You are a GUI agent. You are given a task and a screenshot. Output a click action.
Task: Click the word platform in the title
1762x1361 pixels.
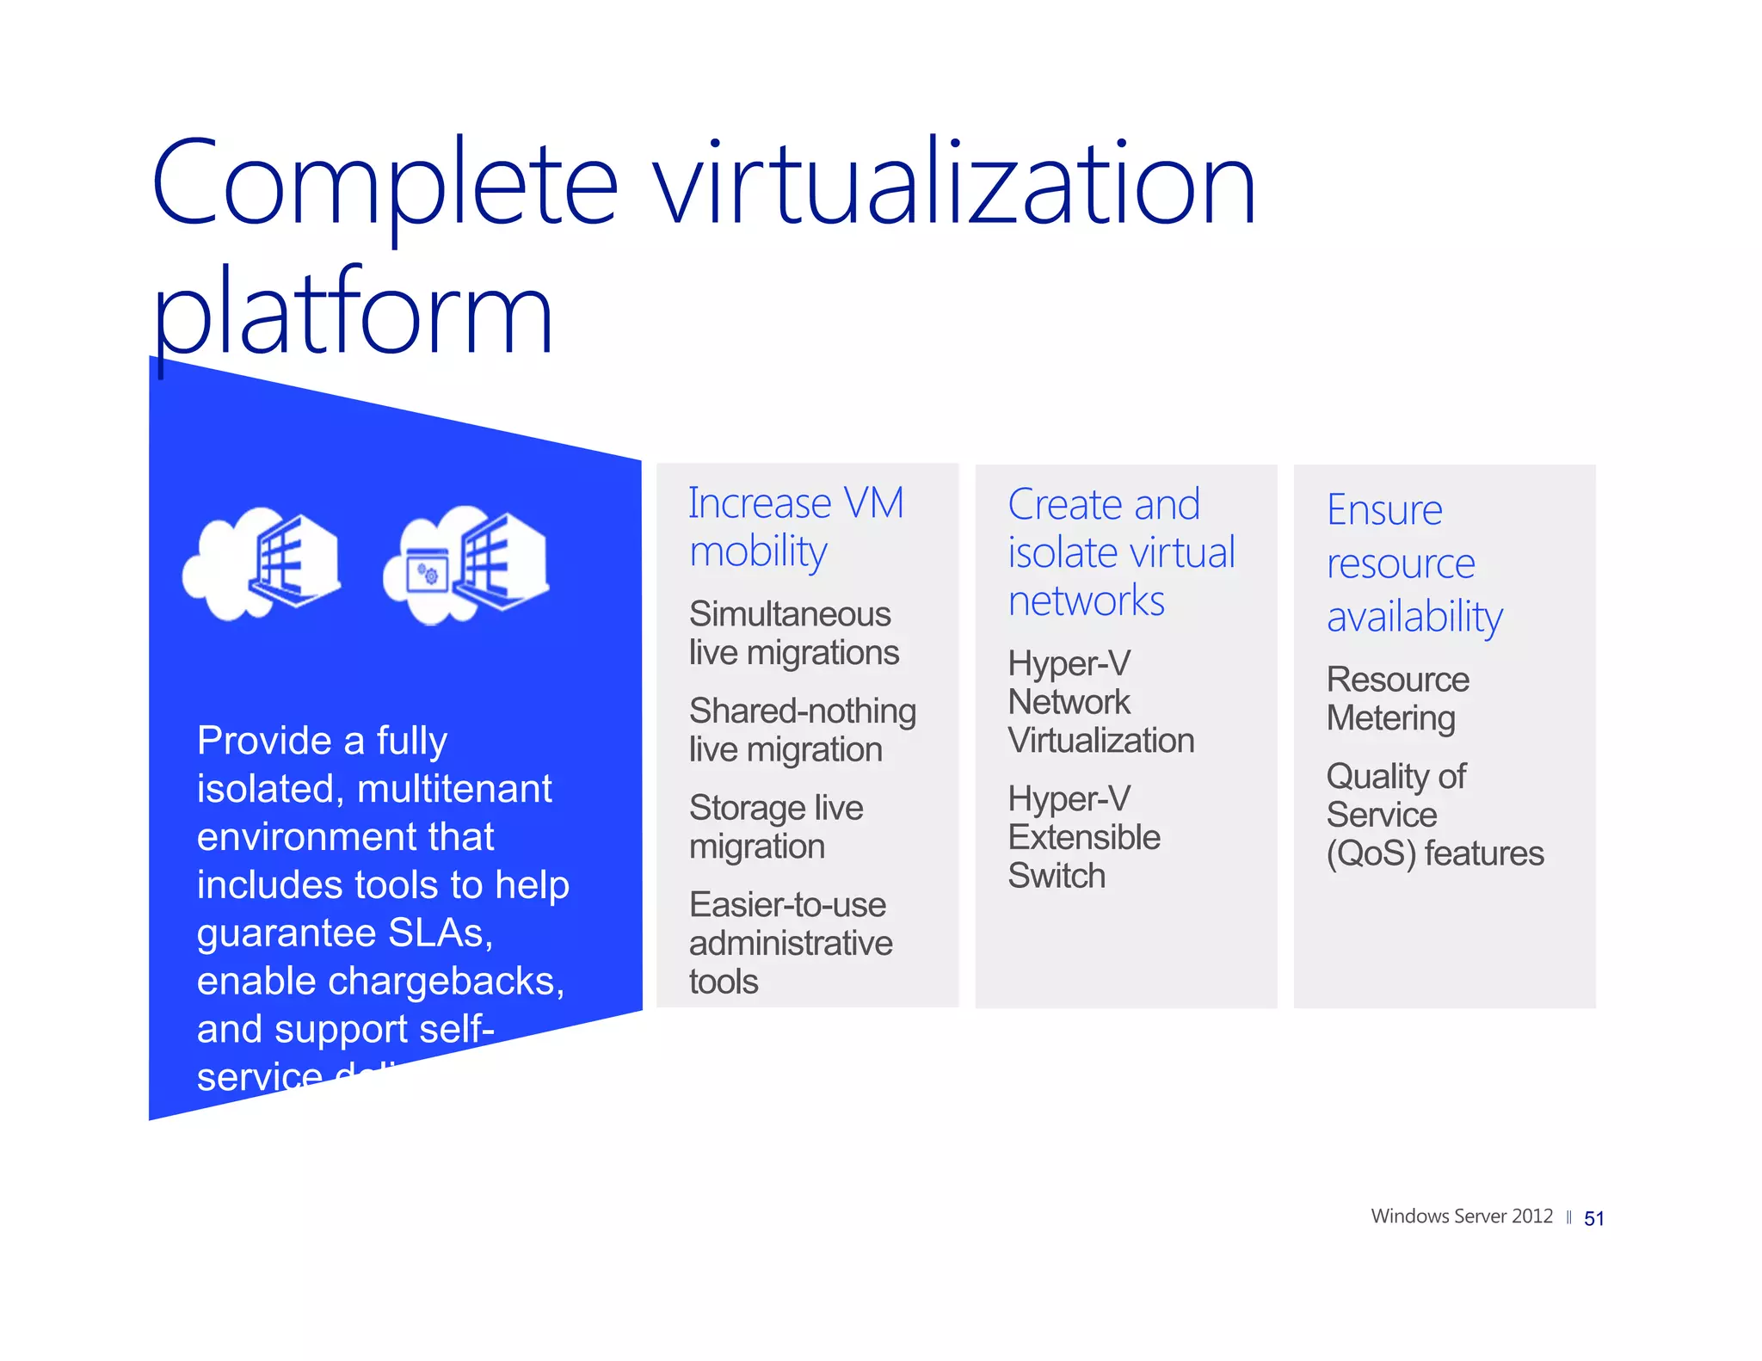(x=353, y=314)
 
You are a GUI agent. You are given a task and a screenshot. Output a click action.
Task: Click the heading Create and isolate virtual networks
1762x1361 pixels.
(x=1120, y=552)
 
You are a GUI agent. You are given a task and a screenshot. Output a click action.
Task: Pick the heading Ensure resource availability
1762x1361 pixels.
(x=1414, y=563)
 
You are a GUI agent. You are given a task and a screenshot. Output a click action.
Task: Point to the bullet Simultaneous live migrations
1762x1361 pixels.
(x=793, y=633)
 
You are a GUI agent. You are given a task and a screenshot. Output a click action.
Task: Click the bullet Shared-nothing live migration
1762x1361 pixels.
(x=802, y=730)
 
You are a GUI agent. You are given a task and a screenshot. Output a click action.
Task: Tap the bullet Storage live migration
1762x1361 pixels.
(x=775, y=827)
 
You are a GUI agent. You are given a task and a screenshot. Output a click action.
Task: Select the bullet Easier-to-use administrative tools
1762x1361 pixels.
(x=790, y=943)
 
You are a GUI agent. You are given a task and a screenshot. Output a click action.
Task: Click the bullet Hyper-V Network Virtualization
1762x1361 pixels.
(x=1100, y=702)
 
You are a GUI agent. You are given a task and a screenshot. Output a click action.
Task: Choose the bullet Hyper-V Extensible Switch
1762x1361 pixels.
(x=1083, y=837)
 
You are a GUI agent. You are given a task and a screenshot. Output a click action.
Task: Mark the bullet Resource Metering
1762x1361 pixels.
(x=1397, y=699)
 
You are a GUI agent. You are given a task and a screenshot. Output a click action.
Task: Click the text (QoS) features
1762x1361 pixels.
(x=1434, y=853)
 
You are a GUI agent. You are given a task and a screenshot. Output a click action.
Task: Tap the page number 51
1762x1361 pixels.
(x=1593, y=1218)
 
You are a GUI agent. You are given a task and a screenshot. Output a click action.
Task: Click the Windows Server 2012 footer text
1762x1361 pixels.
(x=1461, y=1216)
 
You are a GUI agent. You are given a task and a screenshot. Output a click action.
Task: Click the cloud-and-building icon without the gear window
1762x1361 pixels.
(x=262, y=563)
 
